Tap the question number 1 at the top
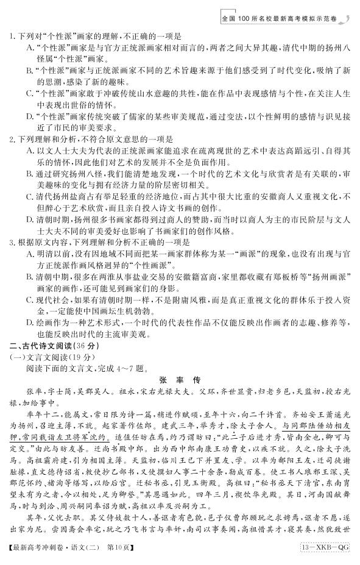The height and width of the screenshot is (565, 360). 12,37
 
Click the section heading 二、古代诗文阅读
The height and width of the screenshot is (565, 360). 43,346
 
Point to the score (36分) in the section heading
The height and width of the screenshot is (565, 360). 84,346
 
